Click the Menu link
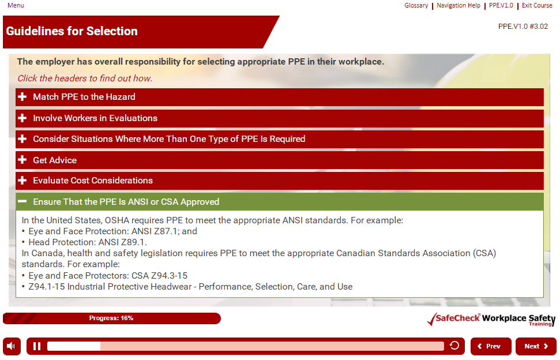(x=16, y=5)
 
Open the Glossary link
(x=416, y=5)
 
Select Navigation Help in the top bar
(x=458, y=5)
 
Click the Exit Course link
(x=537, y=5)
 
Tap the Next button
(x=536, y=346)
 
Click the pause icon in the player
(x=37, y=346)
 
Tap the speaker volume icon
(x=12, y=346)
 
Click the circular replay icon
(x=454, y=346)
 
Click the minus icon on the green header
(x=22, y=201)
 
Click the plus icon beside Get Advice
(x=22, y=160)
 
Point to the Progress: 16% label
(x=111, y=318)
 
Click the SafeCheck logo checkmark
(x=432, y=319)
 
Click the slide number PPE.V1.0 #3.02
(x=523, y=27)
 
